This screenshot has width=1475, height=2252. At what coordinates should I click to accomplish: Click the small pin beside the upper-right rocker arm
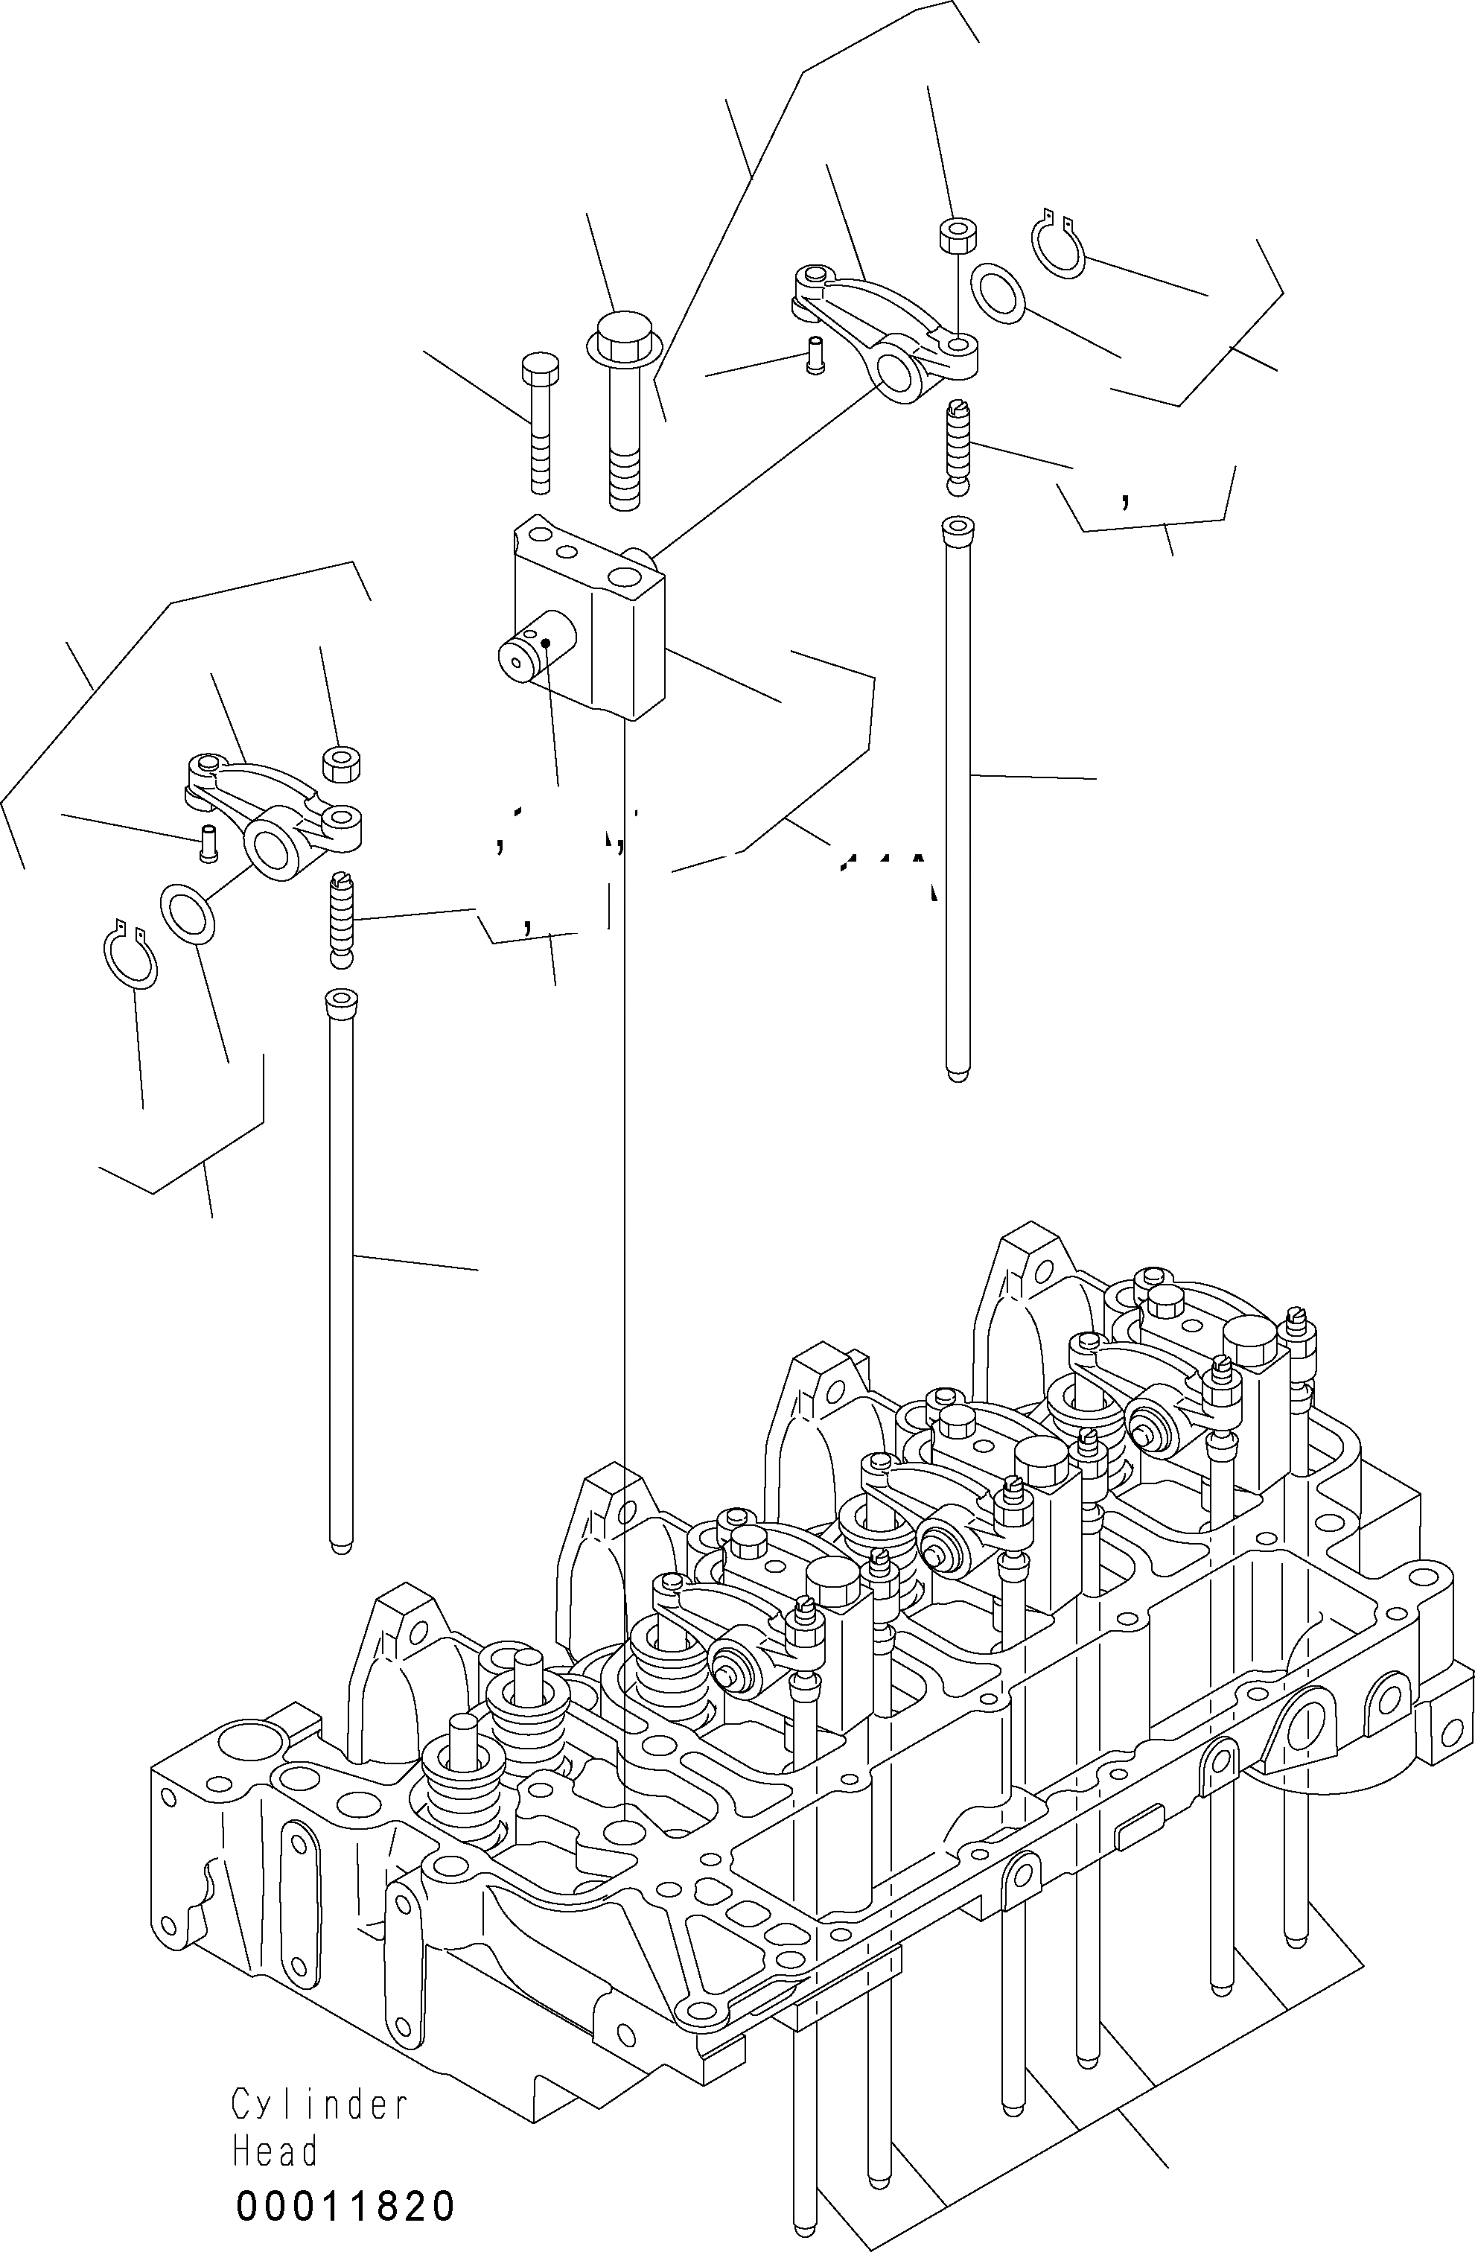(x=812, y=357)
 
